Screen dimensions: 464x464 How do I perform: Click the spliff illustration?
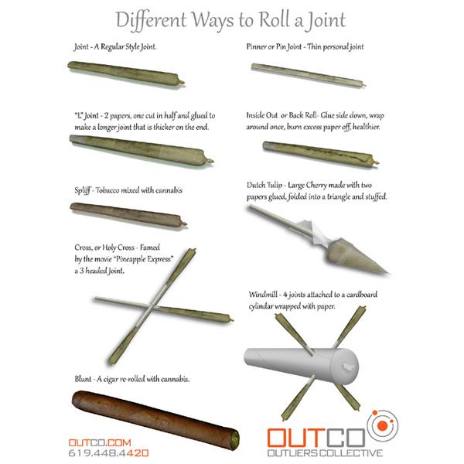128,214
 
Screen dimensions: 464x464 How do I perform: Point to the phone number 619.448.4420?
108,453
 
